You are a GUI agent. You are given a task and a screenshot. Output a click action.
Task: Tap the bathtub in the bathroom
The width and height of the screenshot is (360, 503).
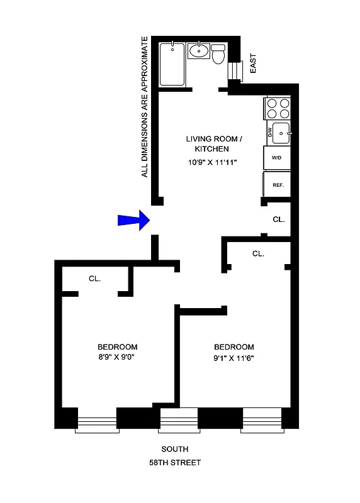[171, 64]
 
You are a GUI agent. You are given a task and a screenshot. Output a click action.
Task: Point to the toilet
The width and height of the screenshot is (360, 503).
[218, 55]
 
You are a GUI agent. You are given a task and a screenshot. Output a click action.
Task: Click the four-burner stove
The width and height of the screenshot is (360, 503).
[278, 109]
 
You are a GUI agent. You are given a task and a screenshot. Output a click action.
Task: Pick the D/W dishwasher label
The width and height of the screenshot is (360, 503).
[270, 133]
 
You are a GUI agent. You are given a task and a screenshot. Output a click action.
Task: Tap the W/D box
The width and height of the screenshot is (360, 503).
[277, 158]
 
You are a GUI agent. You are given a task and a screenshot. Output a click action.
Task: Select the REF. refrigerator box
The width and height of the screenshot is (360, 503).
[278, 185]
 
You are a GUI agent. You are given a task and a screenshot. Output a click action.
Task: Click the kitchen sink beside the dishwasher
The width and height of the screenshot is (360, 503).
[281, 133]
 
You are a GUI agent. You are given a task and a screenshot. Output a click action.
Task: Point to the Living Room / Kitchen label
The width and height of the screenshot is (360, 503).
[206, 144]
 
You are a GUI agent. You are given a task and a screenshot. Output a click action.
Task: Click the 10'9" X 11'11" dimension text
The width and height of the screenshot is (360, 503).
[206, 162]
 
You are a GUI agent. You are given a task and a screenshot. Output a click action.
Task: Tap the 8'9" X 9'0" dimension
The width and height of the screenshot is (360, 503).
[117, 358]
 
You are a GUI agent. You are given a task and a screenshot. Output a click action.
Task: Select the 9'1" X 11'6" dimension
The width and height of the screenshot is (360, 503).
[233, 358]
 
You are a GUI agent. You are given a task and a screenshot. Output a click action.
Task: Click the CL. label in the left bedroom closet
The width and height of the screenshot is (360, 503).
[95, 278]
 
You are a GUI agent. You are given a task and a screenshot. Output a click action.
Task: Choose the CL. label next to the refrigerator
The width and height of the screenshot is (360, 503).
[279, 219]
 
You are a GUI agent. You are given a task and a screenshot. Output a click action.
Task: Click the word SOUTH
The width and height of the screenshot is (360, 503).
[174, 449]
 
